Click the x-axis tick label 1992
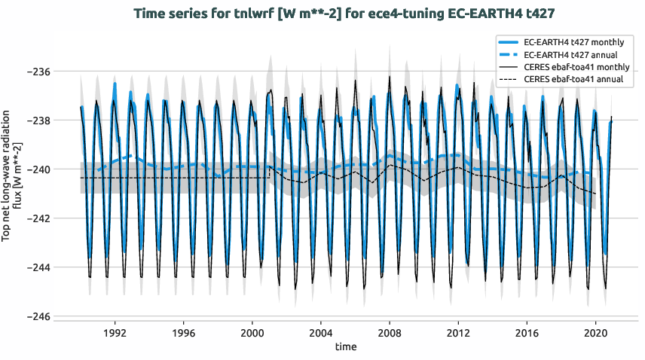click(x=115, y=332)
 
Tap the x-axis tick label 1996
click(x=183, y=332)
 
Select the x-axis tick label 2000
click(x=252, y=332)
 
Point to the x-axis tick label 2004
click(x=320, y=332)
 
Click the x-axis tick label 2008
click(x=390, y=332)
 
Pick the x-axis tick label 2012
click(x=458, y=332)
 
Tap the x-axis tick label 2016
click(x=527, y=332)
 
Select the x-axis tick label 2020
click(x=596, y=332)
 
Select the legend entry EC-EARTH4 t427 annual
click(x=573, y=55)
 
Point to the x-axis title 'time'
click(x=346, y=347)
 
